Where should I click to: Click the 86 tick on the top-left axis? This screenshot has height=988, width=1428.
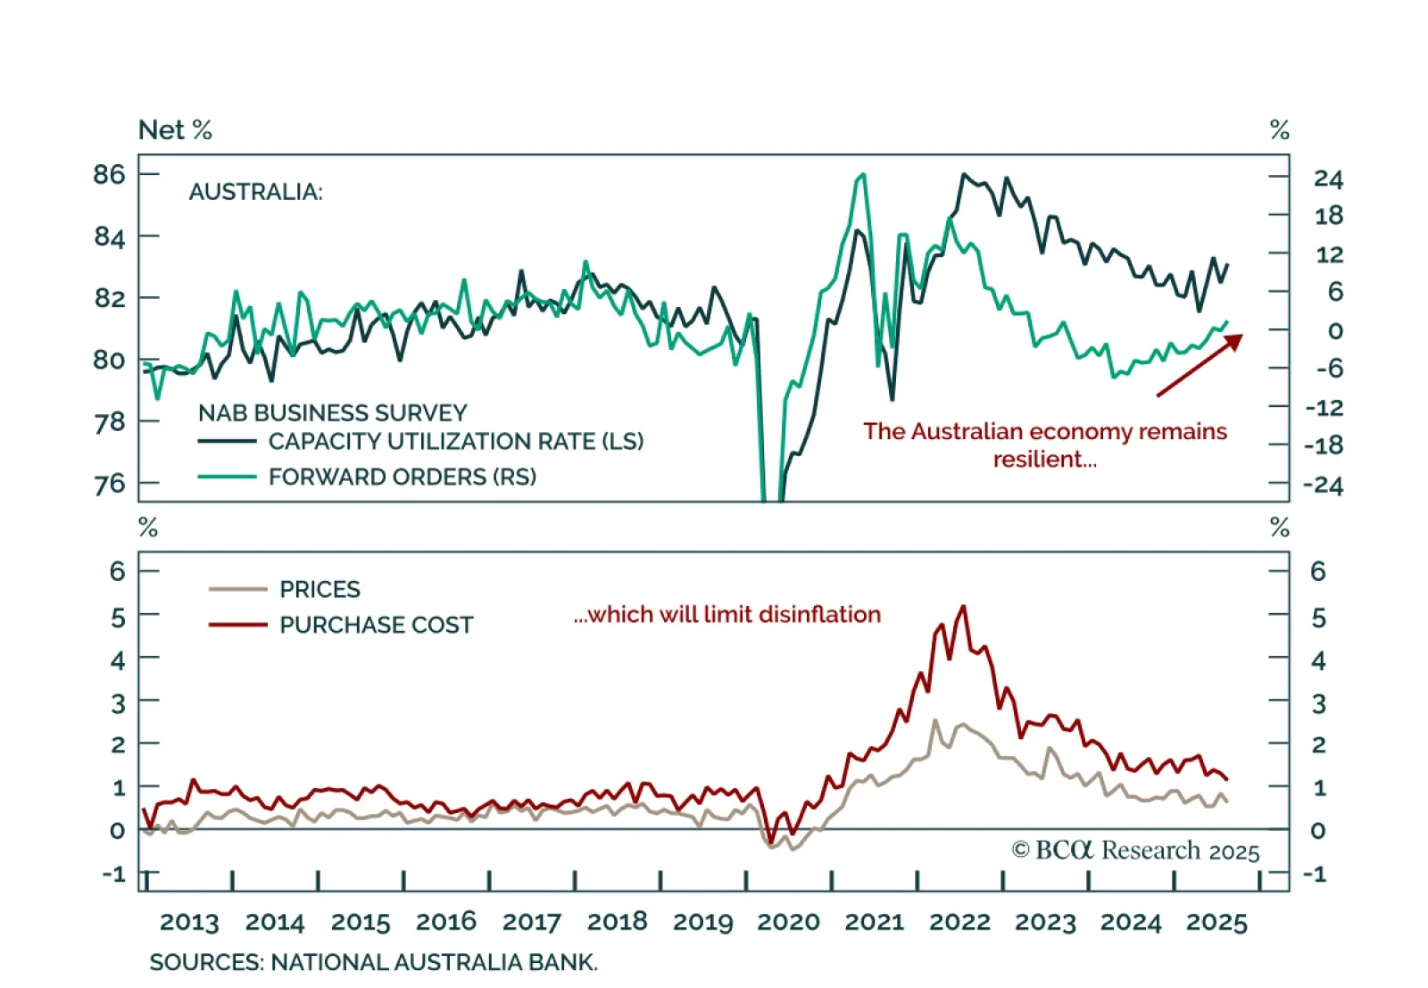(x=109, y=174)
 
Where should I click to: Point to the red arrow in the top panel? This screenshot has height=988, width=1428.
(x=1199, y=364)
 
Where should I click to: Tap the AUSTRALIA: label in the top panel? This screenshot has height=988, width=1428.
(x=255, y=192)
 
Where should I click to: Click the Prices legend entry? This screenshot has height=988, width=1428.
(x=320, y=589)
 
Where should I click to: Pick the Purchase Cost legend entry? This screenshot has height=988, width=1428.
(x=376, y=625)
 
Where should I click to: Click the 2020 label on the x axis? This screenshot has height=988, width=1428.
(x=788, y=922)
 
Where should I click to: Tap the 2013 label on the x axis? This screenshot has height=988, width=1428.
(x=189, y=922)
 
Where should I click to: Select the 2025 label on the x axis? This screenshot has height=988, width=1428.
(x=1216, y=922)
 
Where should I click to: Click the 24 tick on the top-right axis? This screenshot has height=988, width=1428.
(x=1328, y=179)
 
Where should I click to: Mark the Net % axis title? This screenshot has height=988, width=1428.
(x=175, y=130)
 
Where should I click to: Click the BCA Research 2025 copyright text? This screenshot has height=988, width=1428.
(x=1135, y=851)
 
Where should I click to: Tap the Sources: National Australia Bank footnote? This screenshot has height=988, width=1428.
(x=373, y=962)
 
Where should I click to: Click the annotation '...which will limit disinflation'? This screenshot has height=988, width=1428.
(x=726, y=614)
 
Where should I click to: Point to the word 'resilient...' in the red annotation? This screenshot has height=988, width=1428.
(x=1044, y=460)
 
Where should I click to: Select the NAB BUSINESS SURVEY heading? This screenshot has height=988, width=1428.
(x=332, y=412)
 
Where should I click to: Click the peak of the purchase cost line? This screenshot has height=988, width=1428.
(x=963, y=608)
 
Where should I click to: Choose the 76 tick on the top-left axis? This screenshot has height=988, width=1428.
(x=109, y=484)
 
